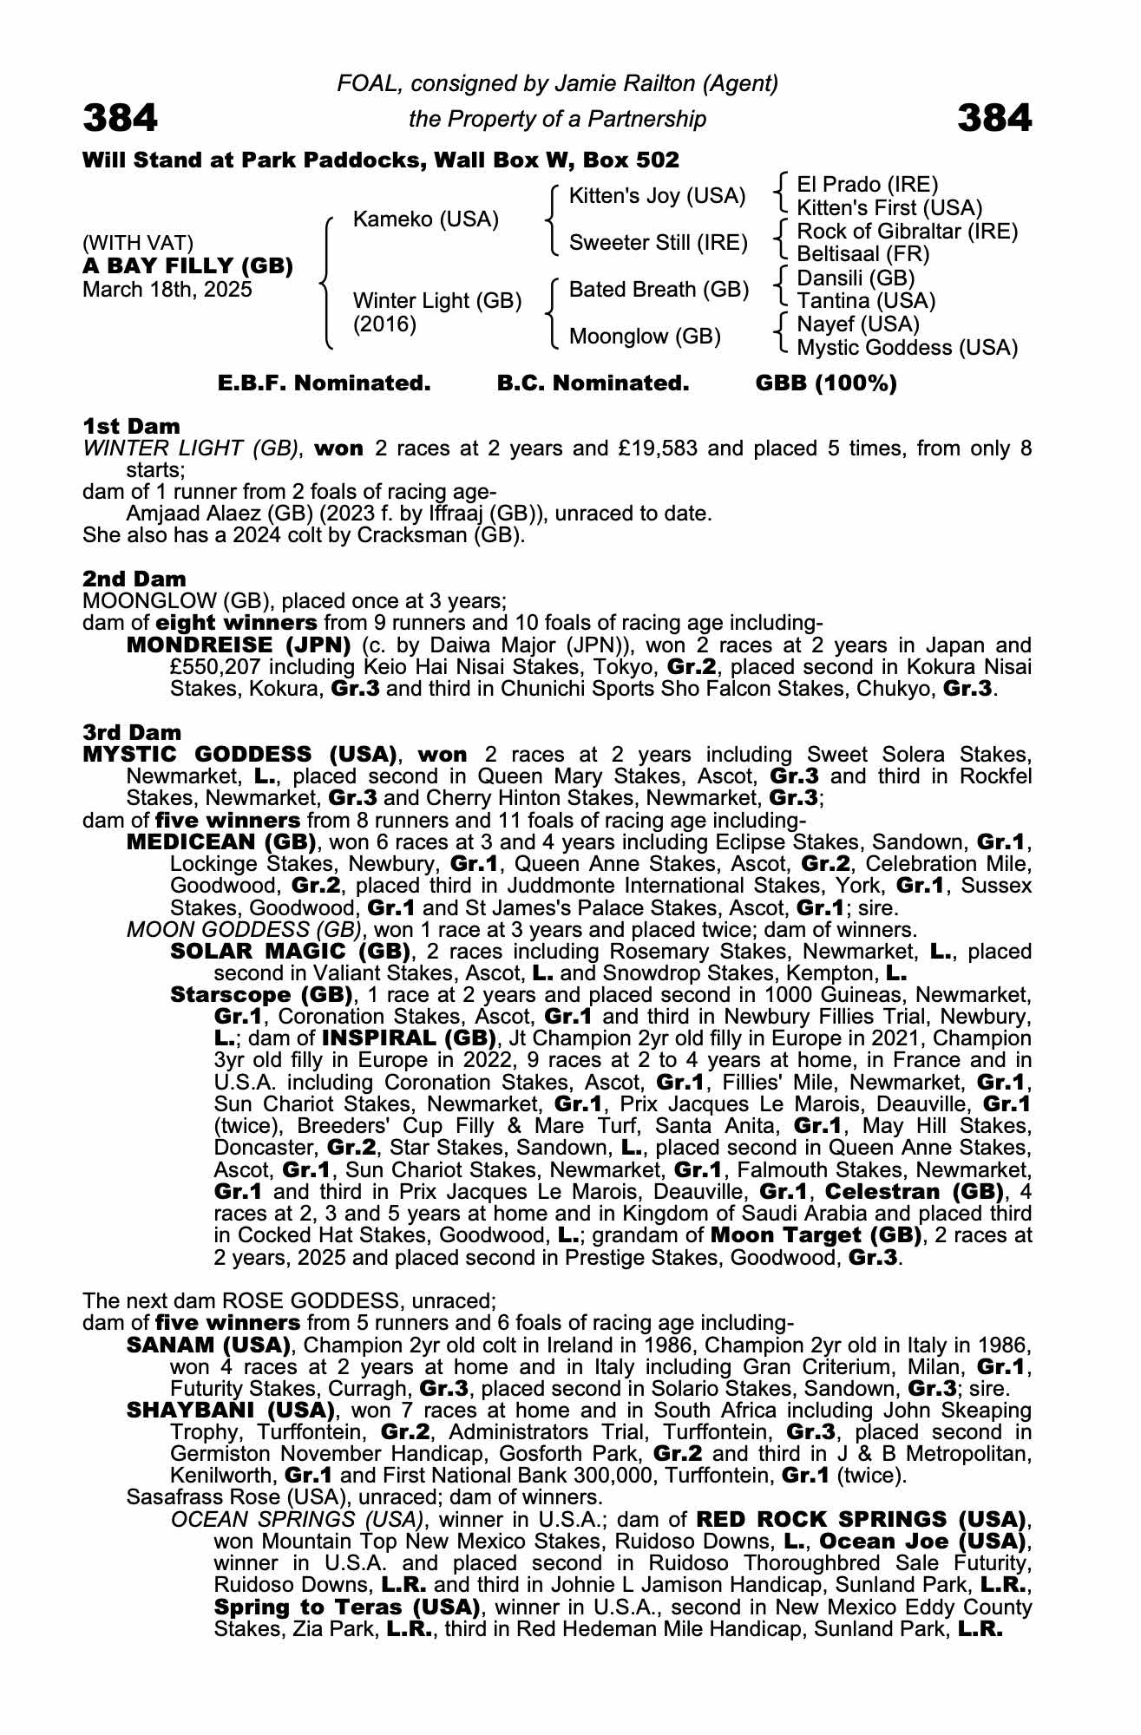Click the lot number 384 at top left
pyautogui.click(x=121, y=118)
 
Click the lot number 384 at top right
pyautogui.click(x=994, y=118)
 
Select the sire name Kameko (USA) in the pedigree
pyautogui.click(x=425, y=219)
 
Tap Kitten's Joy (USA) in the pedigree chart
pyautogui.click(x=657, y=196)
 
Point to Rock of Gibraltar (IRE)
pyautogui.click(x=907, y=232)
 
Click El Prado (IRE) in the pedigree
pyautogui.click(x=867, y=185)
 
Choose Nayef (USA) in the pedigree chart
pyautogui.click(x=857, y=324)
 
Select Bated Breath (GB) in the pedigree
pyautogui.click(x=659, y=290)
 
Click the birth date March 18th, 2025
pyautogui.click(x=167, y=290)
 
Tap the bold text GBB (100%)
pyautogui.click(x=826, y=383)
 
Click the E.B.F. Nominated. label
pyautogui.click(x=324, y=383)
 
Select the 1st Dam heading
pyautogui.click(x=131, y=426)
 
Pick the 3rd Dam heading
pyautogui.click(x=132, y=732)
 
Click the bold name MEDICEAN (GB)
pyautogui.click(x=220, y=842)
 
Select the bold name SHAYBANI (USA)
pyautogui.click(x=231, y=1411)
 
